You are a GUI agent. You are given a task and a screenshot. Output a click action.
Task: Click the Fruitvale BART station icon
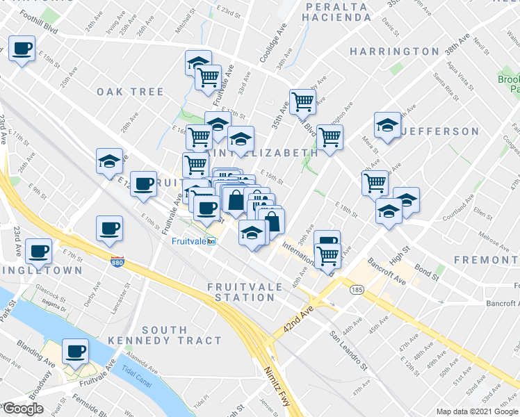tap(211, 242)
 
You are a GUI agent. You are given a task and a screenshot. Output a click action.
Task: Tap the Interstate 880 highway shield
tap(117, 261)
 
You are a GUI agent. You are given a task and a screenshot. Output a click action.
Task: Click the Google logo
tap(22, 409)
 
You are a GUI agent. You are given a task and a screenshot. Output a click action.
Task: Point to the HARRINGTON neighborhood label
tap(394, 51)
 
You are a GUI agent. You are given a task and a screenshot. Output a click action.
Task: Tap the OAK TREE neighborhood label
tap(130, 92)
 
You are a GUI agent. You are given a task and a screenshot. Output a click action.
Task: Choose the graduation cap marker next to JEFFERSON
tap(387, 125)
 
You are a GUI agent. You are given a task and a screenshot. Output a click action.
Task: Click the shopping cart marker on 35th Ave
tap(302, 101)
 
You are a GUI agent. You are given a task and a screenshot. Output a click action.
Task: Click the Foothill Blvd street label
tap(38, 14)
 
